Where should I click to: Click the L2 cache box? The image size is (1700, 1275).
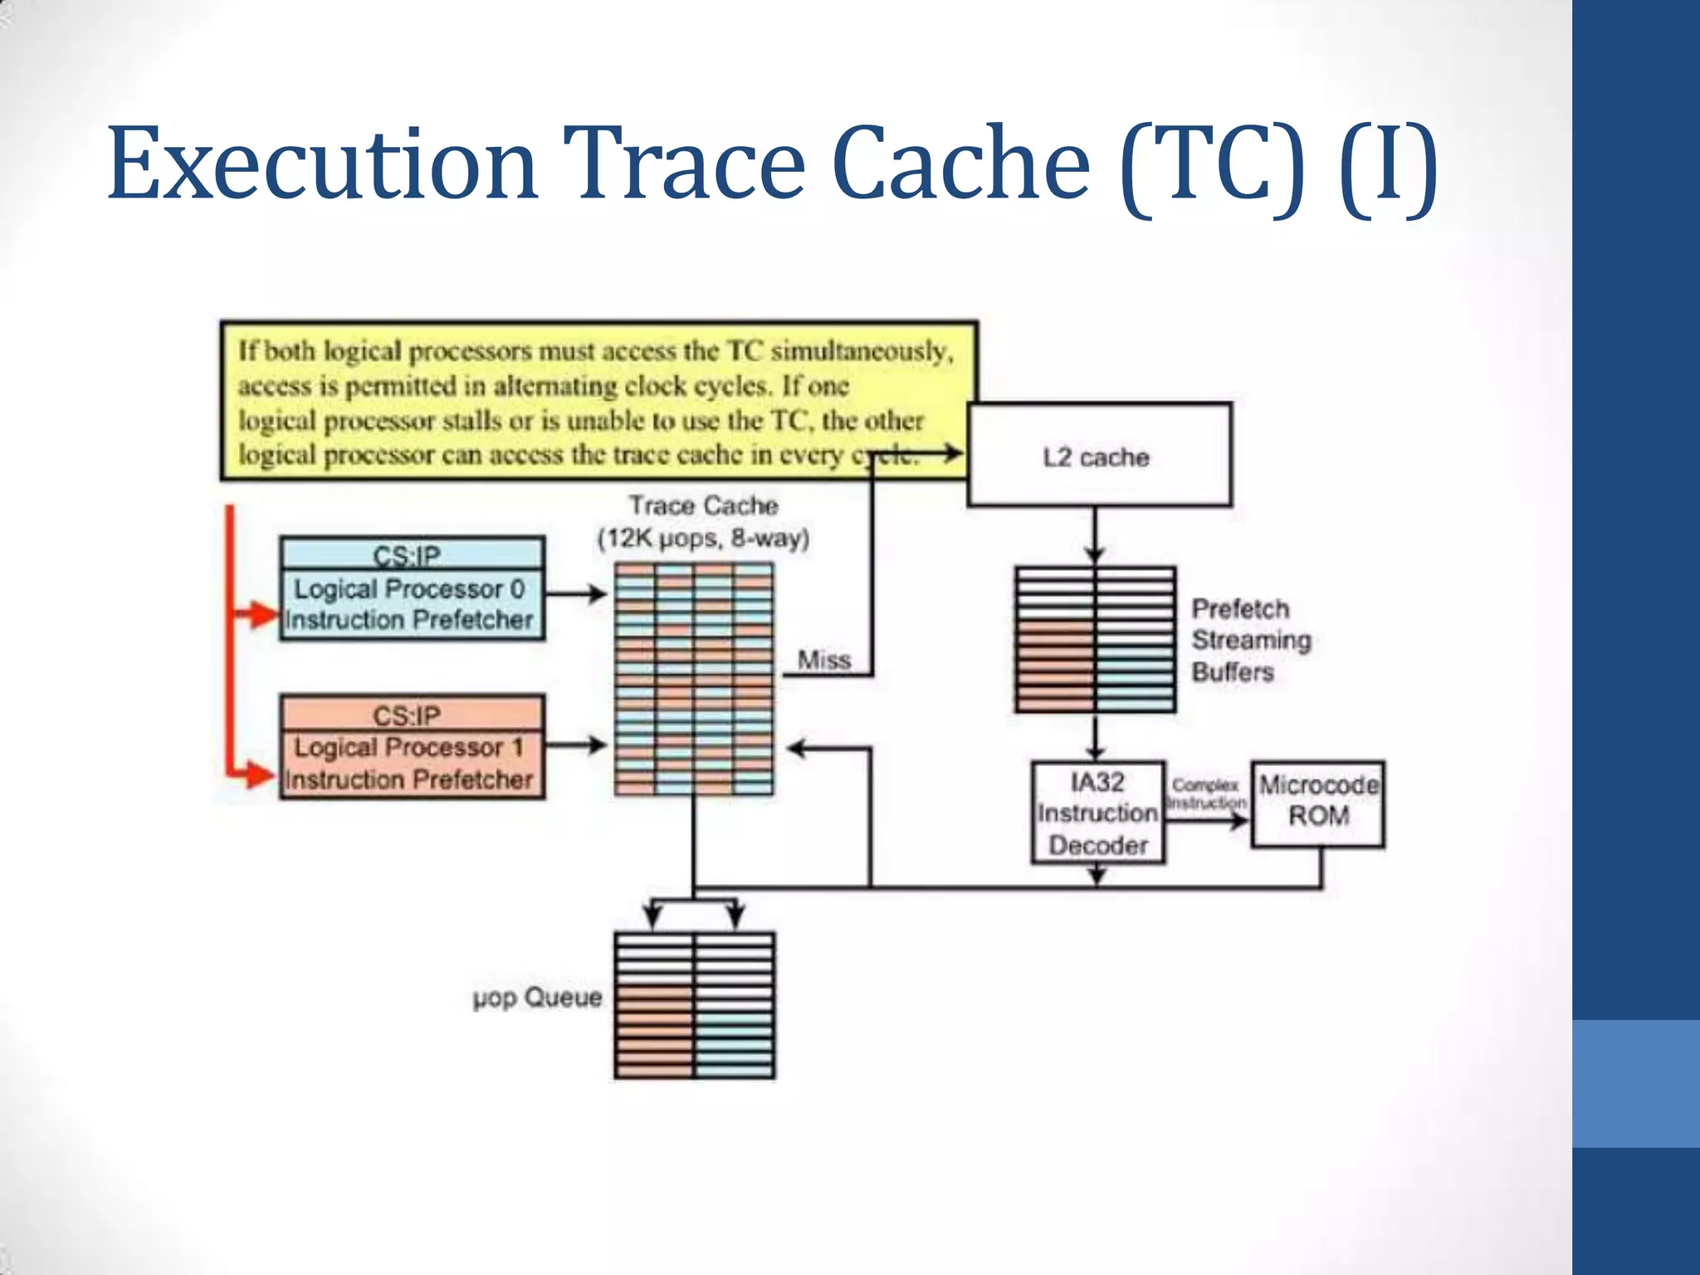[x=1098, y=455]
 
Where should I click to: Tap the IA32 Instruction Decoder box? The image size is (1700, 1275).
[x=1097, y=813]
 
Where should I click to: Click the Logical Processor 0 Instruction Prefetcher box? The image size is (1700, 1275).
[x=412, y=604]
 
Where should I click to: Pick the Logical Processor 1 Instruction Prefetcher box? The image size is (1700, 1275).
[x=412, y=764]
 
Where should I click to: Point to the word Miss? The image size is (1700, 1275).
[x=823, y=660]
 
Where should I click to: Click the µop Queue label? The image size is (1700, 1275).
[x=537, y=997]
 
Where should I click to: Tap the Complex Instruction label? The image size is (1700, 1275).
[x=1206, y=794]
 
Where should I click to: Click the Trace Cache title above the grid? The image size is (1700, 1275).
[x=703, y=505]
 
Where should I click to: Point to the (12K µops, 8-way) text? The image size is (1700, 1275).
[x=703, y=539]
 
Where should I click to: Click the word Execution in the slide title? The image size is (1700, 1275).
[x=322, y=164]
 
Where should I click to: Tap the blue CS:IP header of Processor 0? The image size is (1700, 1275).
[x=412, y=554]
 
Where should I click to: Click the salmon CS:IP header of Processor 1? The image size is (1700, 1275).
[x=412, y=714]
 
